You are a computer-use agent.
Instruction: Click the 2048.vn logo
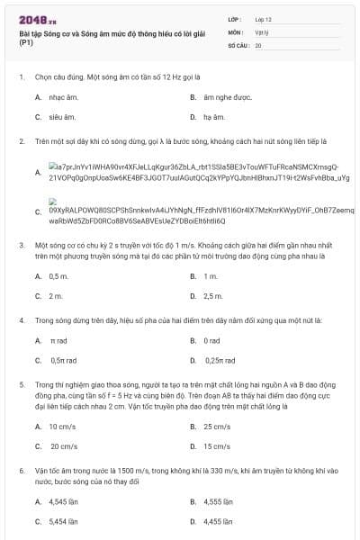(31, 19)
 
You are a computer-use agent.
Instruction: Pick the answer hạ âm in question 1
(214, 117)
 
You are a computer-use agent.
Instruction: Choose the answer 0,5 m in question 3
(58, 275)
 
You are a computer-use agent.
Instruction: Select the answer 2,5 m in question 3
(213, 296)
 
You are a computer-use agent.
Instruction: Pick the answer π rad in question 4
(58, 341)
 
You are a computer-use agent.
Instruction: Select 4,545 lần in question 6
(63, 500)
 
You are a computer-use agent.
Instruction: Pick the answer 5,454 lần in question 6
(63, 521)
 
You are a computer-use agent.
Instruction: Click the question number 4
(21, 320)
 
